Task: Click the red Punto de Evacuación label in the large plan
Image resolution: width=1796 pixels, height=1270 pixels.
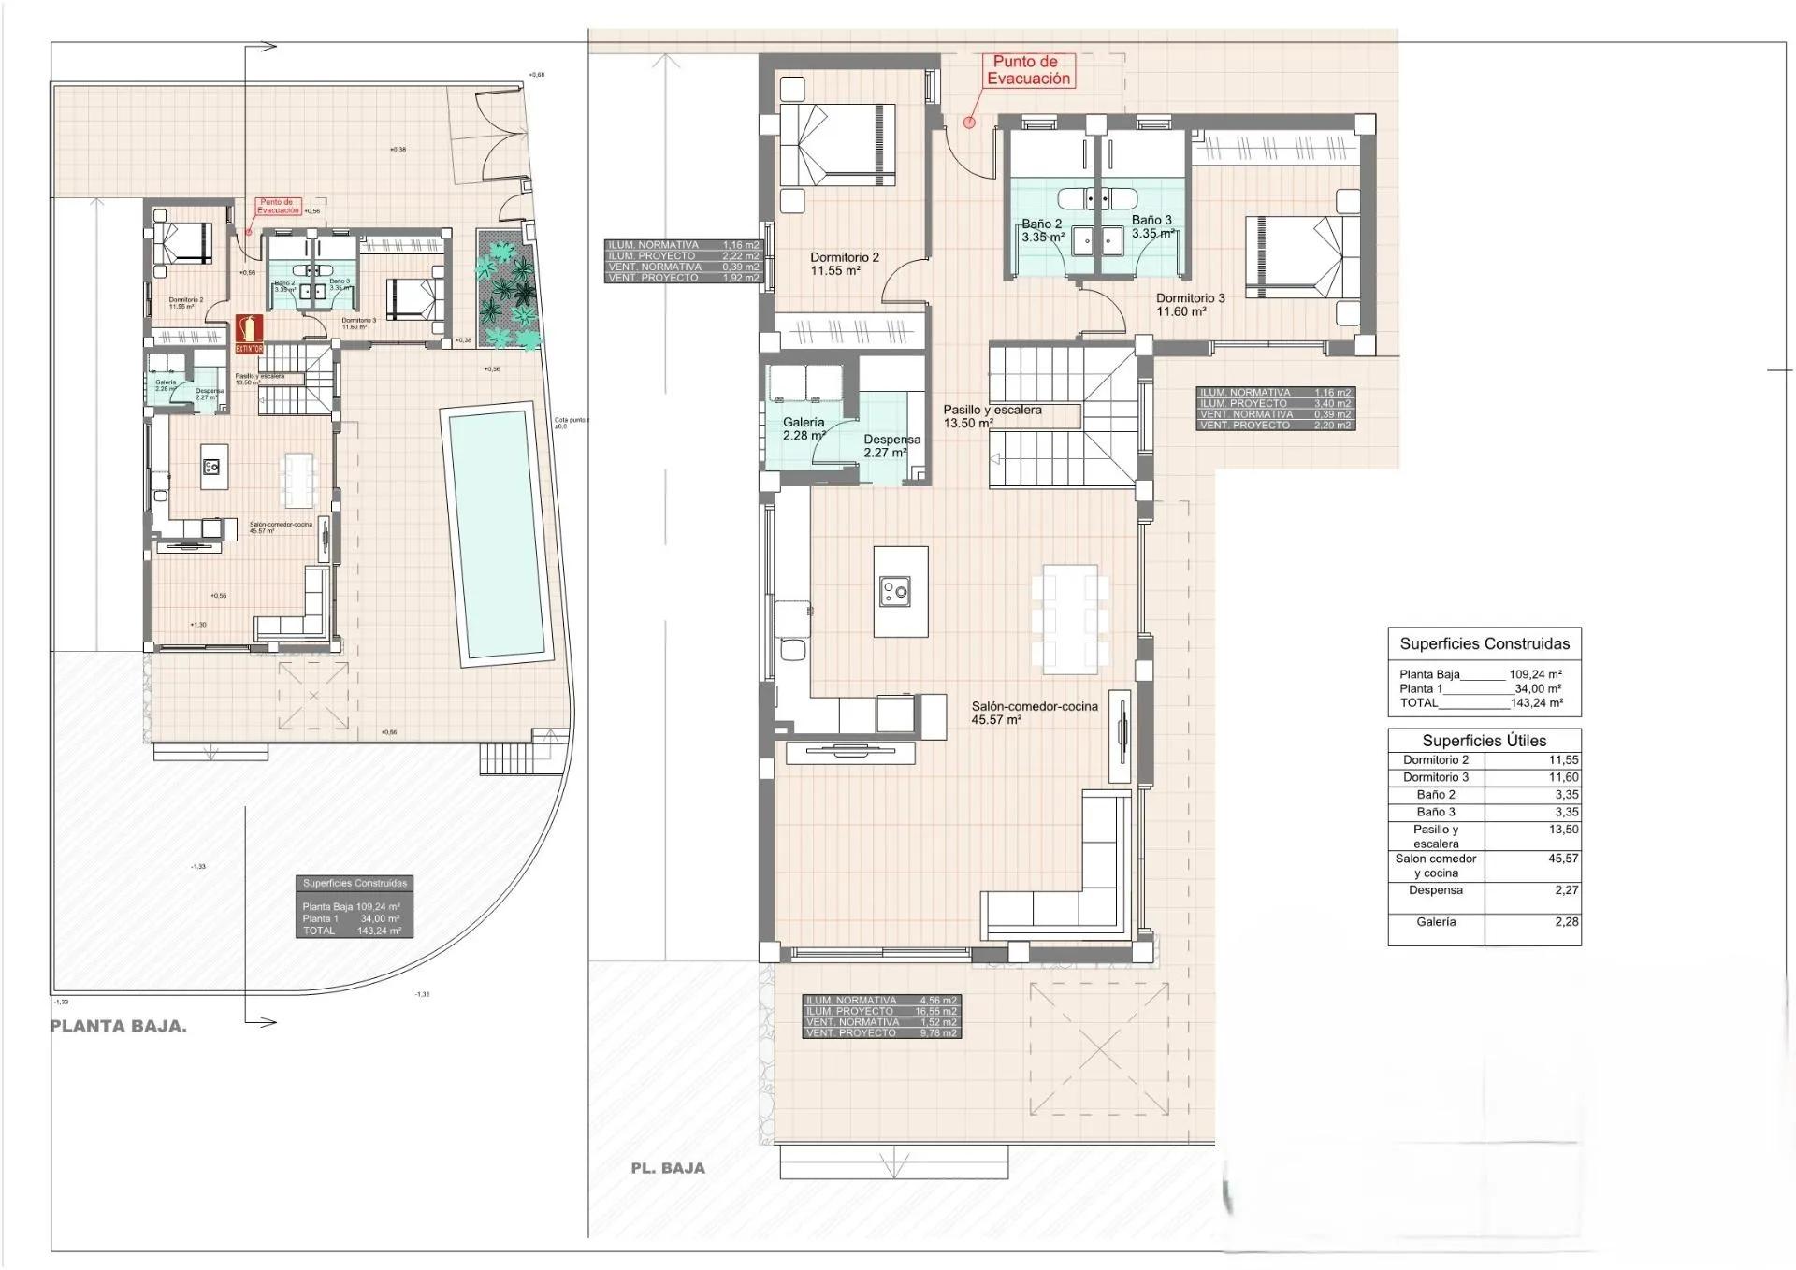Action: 1028,70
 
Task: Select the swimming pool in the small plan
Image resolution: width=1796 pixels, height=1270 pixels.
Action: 497,534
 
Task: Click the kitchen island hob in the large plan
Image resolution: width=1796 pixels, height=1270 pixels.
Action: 895,590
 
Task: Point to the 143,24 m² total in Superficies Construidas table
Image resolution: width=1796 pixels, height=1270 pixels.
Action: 1536,703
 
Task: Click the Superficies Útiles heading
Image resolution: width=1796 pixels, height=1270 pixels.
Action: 1484,741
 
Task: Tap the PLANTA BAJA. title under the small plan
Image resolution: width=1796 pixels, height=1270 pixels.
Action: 119,1026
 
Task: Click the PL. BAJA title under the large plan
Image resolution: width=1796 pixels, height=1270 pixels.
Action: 668,1168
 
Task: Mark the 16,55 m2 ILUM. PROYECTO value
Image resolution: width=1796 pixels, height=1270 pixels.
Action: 935,1012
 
